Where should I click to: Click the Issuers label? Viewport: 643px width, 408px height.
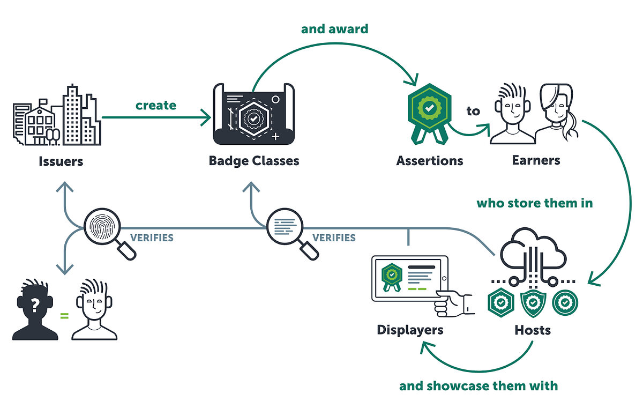coord(61,161)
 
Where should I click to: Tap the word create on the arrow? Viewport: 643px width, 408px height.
coord(155,105)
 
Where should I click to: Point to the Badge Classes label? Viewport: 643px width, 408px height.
coord(254,161)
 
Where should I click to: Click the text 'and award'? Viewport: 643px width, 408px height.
coord(334,28)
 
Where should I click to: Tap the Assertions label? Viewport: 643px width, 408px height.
coord(430,160)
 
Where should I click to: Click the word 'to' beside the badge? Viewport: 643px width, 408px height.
coord(473,111)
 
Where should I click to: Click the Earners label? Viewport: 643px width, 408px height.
coord(536,160)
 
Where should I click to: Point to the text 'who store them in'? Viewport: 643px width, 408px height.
coord(535,203)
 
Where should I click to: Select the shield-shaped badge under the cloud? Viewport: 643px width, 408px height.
coord(533,303)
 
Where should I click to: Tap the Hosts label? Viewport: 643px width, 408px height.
coord(533,330)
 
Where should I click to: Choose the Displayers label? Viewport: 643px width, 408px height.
coord(410,330)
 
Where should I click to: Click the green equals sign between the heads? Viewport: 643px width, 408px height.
coord(64,316)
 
